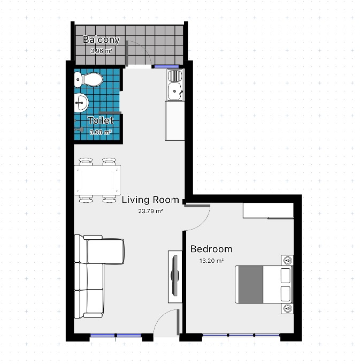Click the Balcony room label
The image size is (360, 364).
pos(101,40)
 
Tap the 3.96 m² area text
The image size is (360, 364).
pos(101,51)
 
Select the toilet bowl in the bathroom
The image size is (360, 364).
pos(88,79)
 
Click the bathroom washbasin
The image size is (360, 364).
pos(81,103)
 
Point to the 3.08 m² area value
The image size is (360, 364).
pos(101,132)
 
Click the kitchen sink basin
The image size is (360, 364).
pos(175,91)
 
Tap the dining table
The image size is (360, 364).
pos(97,180)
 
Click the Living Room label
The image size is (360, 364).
pos(150,200)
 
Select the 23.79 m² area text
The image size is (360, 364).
pos(150,211)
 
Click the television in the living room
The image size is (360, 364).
pos(175,276)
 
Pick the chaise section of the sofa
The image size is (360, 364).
pos(106,252)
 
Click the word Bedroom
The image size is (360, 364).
pos(211,249)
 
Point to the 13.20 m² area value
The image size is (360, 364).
pos(211,261)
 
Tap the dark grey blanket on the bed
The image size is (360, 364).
pos(251,284)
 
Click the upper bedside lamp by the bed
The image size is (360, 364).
pos(288,261)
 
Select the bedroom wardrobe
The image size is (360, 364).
pos(269,210)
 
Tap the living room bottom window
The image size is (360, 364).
pos(116,335)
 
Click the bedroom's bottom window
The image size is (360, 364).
pos(241,335)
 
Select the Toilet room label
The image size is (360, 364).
pos(101,120)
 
